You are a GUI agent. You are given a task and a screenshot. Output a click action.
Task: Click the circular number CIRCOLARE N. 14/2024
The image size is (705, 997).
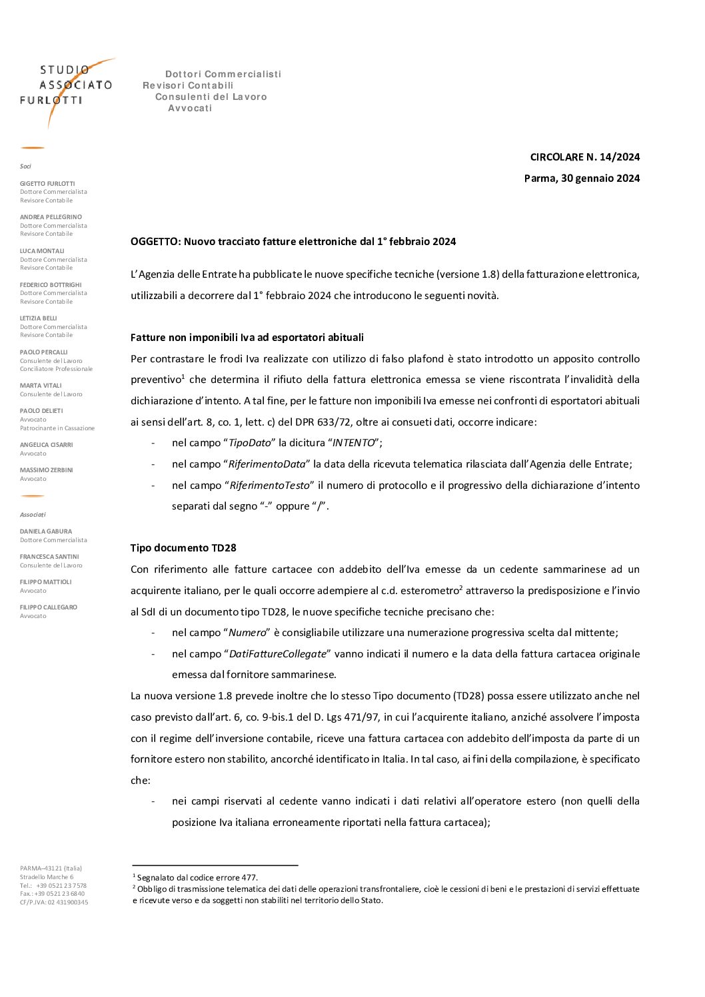click(x=584, y=157)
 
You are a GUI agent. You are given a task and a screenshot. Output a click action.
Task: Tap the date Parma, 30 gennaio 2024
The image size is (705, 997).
click(x=582, y=178)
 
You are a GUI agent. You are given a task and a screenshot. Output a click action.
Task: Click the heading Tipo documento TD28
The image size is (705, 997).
click(x=183, y=548)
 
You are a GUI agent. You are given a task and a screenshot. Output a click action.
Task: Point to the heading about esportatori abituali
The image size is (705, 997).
click(x=247, y=338)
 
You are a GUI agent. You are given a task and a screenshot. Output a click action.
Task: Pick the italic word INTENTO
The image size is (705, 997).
click(x=353, y=443)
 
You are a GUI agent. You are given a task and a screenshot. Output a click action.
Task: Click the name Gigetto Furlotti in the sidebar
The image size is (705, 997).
click(x=47, y=184)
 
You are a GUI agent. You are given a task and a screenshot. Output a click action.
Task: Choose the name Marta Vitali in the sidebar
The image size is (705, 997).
click(x=41, y=386)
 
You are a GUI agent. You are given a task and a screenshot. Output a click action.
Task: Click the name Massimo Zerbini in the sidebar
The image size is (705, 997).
click(x=46, y=470)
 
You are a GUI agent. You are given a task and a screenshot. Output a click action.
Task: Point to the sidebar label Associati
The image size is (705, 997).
click(x=33, y=515)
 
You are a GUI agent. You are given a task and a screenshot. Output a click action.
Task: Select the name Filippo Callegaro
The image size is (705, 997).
click(x=49, y=607)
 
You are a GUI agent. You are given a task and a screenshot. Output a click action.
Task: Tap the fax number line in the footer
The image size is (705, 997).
click(x=53, y=894)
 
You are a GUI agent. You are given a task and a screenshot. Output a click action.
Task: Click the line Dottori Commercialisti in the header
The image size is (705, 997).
click(x=223, y=74)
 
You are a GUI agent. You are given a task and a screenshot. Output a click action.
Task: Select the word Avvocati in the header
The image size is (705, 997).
click(x=190, y=108)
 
